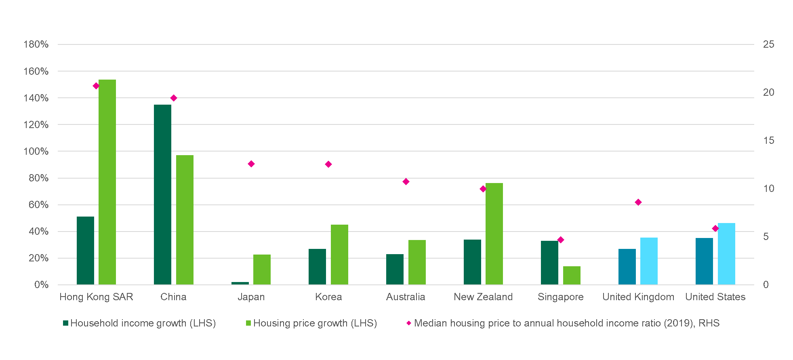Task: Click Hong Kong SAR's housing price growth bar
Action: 107,182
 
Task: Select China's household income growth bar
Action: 162,194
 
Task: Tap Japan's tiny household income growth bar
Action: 240,283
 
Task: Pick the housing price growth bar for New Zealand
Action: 494,234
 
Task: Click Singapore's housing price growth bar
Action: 572,275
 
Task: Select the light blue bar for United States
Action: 726,254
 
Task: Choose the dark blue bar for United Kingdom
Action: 627,267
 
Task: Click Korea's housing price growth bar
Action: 339,255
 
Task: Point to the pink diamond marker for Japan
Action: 251,164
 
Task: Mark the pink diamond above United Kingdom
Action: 638,202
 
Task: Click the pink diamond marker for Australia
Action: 406,182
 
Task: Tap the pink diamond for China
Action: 174,98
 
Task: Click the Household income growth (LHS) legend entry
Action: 139,323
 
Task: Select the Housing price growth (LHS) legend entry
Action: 311,323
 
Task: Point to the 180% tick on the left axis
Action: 36,44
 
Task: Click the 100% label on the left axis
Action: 36,152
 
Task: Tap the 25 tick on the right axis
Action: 768,44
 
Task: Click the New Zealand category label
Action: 483,297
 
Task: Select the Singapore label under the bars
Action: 561,297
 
